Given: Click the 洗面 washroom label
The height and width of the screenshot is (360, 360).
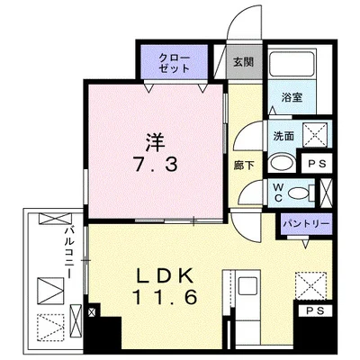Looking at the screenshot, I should coord(283,137).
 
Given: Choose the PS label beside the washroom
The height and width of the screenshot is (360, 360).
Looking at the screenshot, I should coord(315,164).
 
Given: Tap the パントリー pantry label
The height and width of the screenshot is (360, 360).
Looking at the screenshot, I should coord(306,222).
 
